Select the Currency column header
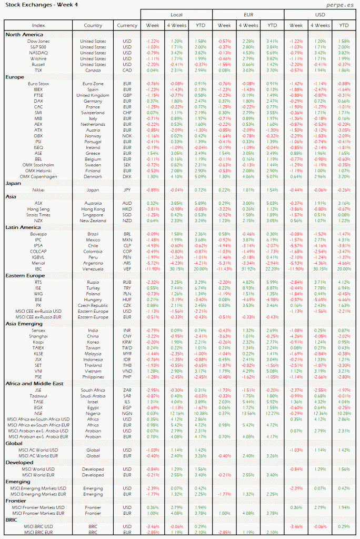[127, 25]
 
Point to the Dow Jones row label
[38, 41]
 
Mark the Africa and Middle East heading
[34, 384]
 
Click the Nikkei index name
[38, 189]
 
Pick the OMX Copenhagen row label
[38, 176]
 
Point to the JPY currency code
[127, 189]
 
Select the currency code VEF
[127, 269]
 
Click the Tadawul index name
[38, 395]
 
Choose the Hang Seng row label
[38, 209]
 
